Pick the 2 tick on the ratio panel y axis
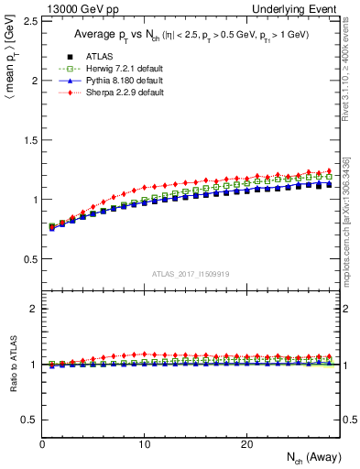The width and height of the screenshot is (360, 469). coord(32,309)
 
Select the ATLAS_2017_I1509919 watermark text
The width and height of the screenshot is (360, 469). coord(191,274)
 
